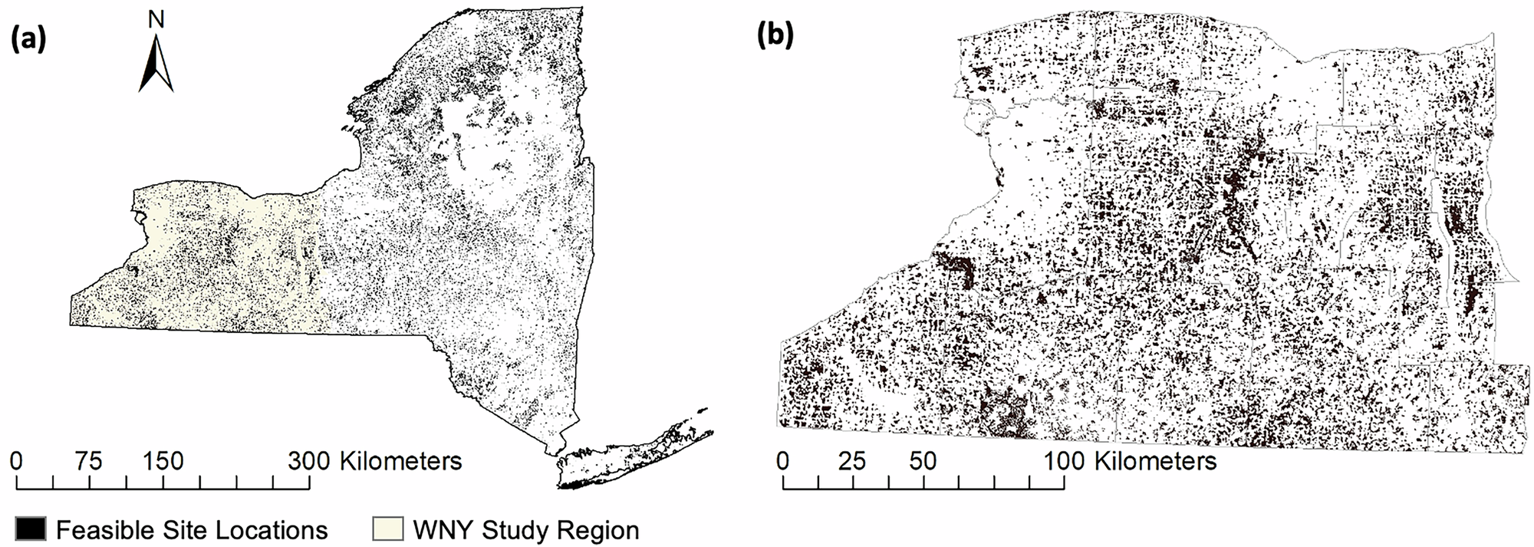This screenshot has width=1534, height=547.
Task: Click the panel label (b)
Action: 775,36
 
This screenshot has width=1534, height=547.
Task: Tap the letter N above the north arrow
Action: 156,21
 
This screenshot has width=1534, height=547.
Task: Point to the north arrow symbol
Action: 156,64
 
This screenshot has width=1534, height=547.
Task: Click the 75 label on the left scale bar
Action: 90,461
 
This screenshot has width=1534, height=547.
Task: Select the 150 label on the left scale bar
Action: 163,461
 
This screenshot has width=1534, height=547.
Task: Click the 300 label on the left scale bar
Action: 309,461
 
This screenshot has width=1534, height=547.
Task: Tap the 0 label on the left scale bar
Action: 17,461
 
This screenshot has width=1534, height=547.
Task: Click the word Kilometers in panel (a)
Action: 400,461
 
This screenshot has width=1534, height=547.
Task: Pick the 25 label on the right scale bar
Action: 852,461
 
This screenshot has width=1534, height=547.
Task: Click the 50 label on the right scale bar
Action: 923,461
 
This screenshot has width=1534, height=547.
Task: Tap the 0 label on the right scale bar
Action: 783,461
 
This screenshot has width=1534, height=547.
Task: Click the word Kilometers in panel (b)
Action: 1155,461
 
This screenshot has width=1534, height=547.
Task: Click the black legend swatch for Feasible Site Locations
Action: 30,529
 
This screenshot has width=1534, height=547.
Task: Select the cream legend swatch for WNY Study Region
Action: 387,529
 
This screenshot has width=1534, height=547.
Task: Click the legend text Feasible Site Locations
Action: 192,530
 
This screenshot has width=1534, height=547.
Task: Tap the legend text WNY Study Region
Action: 525,530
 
